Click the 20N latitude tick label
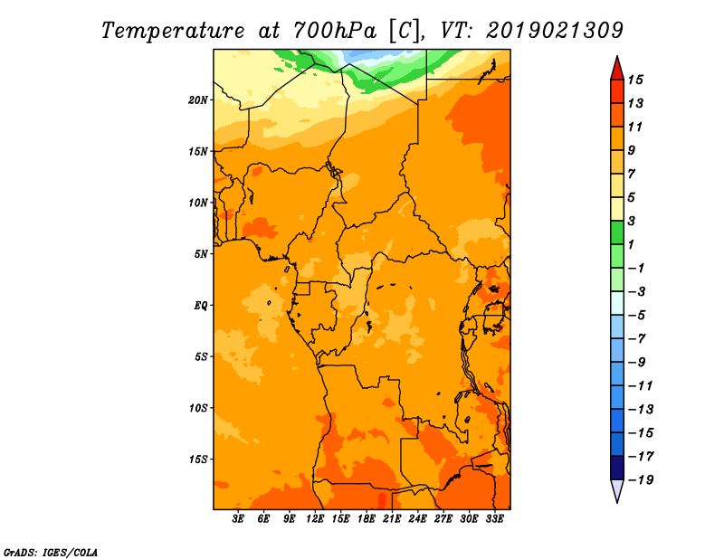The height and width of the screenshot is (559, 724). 198,100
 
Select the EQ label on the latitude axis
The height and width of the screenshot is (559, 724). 200,306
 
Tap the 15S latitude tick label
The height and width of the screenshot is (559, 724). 198,460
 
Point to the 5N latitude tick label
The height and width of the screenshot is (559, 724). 201,254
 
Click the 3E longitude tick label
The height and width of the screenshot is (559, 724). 238,518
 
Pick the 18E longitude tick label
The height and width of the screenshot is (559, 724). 367,518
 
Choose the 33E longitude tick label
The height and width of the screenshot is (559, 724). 494,518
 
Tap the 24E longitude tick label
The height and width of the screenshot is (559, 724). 417,518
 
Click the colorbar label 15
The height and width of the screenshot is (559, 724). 635,80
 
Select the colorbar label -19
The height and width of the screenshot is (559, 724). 641,480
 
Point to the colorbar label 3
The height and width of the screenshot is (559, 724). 632,221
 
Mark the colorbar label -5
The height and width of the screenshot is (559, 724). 637,316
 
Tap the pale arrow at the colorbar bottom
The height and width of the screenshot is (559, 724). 617,489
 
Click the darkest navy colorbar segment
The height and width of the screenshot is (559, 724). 617,468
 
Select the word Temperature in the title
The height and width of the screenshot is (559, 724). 173,32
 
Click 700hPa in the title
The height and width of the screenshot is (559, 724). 335,31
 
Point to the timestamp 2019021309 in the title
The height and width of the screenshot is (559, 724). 555,31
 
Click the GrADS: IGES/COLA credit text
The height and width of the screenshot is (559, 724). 51,552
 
